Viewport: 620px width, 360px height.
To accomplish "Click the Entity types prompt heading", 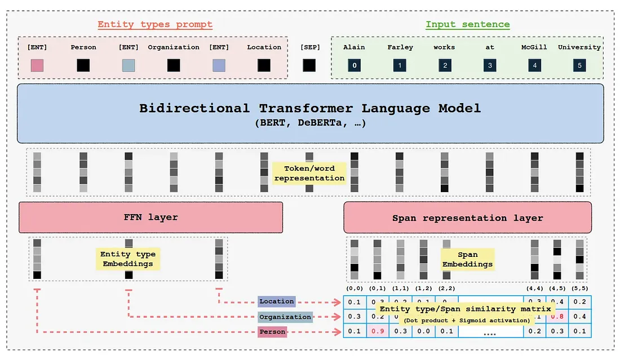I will click(155, 24).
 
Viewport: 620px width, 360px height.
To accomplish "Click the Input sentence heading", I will click(467, 24).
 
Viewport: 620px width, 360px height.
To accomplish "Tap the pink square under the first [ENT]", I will click(37, 65).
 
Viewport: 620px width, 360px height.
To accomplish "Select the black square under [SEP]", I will click(309, 65).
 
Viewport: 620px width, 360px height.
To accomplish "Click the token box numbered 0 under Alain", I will click(355, 65).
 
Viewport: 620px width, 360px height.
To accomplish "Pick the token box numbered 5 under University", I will click(579, 65).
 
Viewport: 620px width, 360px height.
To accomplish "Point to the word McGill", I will click(534, 47).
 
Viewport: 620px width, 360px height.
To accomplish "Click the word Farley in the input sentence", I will click(400, 47).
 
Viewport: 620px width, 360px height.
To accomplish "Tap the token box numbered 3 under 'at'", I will click(489, 65).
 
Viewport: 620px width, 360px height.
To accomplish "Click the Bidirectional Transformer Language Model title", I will click(310, 108).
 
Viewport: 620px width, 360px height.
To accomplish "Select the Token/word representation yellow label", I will click(308, 173).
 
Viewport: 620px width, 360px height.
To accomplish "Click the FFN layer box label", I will click(150, 217).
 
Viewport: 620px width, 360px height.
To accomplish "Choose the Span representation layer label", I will click(467, 217).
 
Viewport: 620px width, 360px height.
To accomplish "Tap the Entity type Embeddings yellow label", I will click(127, 259).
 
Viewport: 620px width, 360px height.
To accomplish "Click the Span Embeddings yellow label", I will click(467, 259).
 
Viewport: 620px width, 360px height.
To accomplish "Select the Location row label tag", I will click(276, 301).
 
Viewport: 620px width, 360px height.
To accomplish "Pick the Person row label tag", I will click(272, 332).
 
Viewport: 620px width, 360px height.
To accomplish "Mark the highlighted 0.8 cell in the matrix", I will click(557, 317).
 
